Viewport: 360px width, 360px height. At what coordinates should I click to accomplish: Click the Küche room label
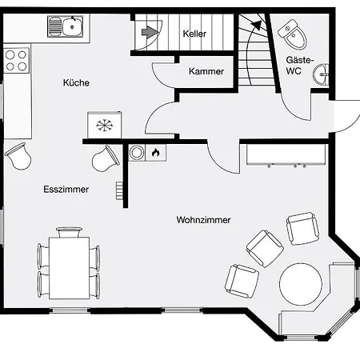pyautogui.click(x=76, y=82)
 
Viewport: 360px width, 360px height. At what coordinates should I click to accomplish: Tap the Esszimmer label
pyautogui.click(x=66, y=190)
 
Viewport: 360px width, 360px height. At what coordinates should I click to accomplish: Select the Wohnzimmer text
pyautogui.click(x=203, y=220)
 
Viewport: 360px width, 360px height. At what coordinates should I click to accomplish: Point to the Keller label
pyautogui.click(x=194, y=34)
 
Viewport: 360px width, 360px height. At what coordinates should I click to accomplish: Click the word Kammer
pyautogui.click(x=206, y=71)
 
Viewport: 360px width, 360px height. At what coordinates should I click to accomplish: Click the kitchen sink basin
pyautogui.click(x=72, y=26)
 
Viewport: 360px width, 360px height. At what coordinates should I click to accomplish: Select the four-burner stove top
pyautogui.click(x=16, y=61)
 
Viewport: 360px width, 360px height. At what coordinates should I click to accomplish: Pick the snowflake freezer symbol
pyautogui.click(x=105, y=126)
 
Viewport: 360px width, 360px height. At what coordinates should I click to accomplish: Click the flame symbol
pyautogui.click(x=156, y=153)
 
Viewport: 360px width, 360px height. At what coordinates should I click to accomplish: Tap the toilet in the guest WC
pyautogui.click(x=293, y=34)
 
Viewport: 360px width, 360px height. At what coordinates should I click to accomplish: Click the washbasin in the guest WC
pyautogui.click(x=321, y=74)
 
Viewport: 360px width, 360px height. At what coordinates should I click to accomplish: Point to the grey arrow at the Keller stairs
pyautogui.click(x=150, y=32)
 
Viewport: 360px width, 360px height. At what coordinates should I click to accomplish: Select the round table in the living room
pyautogui.click(x=301, y=284)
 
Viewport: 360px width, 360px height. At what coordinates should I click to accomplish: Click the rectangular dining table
pyautogui.click(x=69, y=268)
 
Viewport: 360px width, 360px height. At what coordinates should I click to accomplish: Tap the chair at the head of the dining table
pyautogui.click(x=69, y=232)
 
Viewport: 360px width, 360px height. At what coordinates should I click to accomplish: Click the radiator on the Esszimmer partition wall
pyautogui.click(x=119, y=190)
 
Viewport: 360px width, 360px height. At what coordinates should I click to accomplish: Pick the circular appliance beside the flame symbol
pyautogui.click(x=137, y=153)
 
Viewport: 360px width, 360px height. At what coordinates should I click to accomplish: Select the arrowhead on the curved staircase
pyautogui.click(x=257, y=25)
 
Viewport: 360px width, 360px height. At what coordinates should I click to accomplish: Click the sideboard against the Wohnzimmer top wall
pyautogui.click(x=286, y=154)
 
